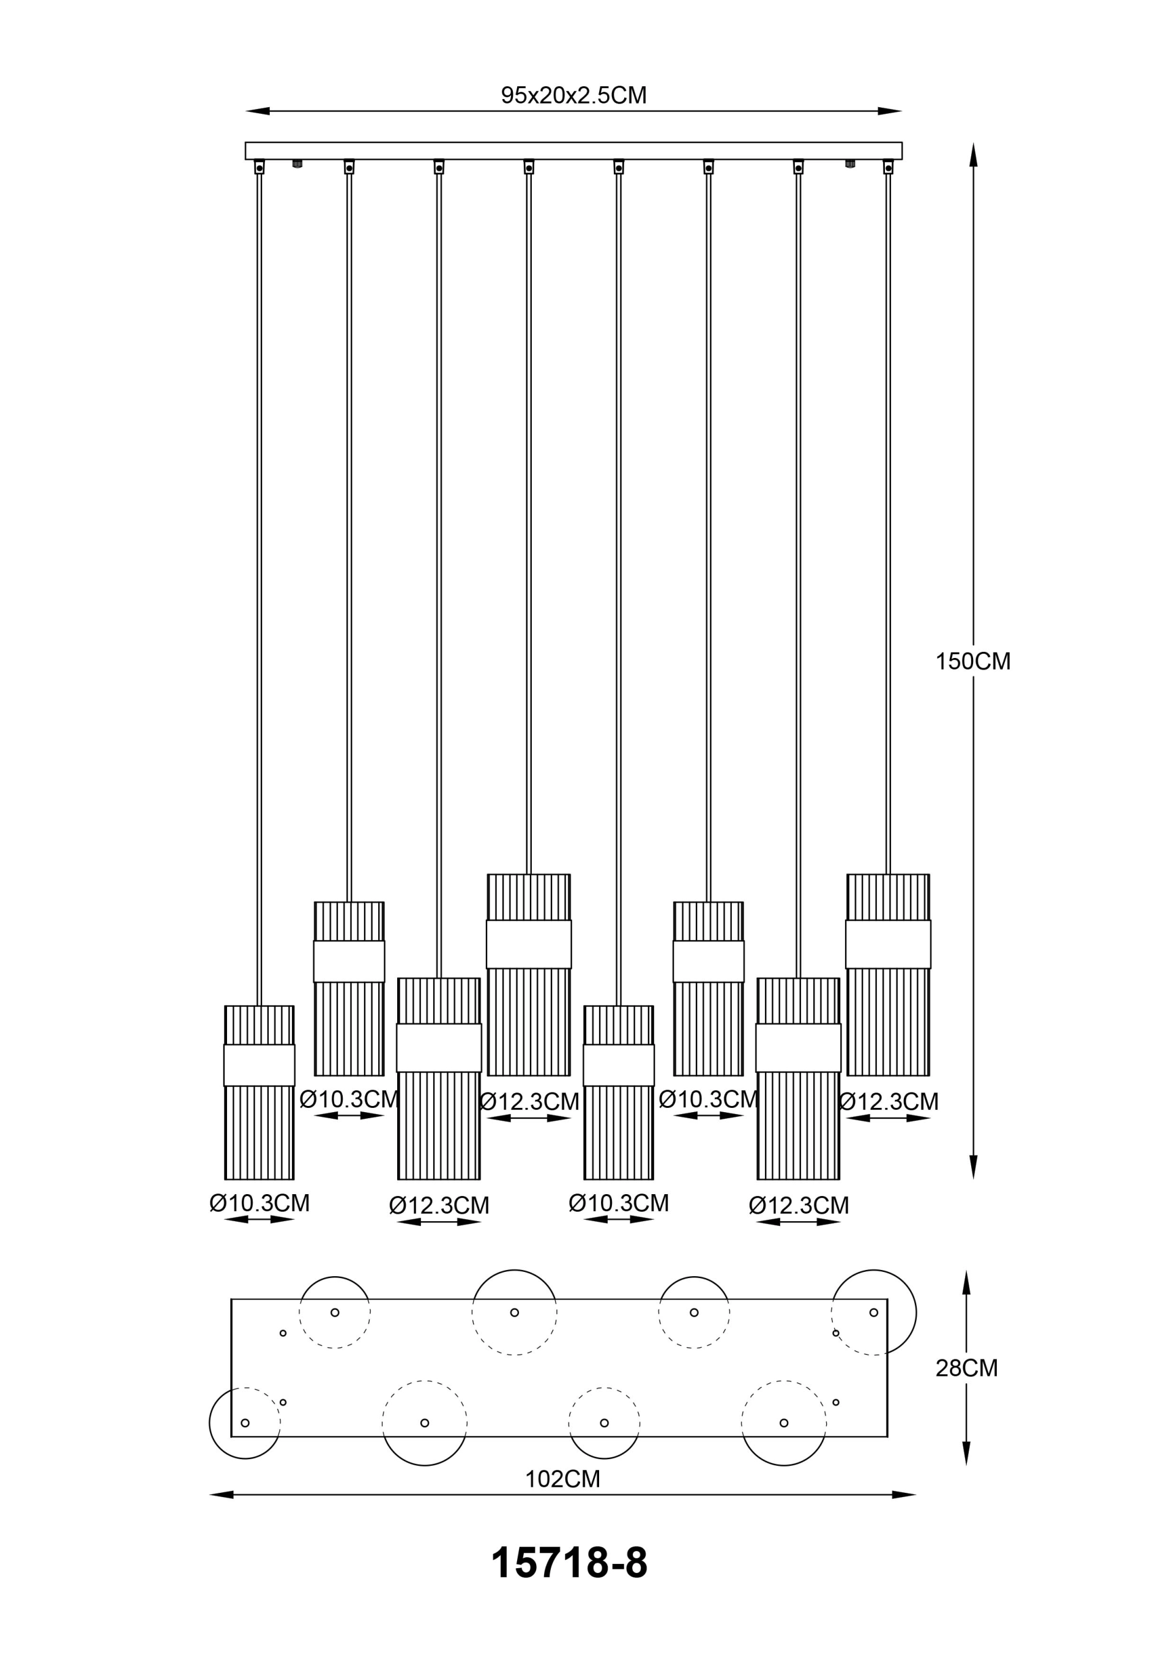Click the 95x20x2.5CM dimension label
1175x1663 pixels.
tap(574, 95)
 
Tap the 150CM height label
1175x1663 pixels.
tap(973, 661)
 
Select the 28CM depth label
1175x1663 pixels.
tap(966, 1367)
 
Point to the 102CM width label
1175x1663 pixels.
tap(563, 1478)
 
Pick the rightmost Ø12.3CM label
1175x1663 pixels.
tap(888, 1102)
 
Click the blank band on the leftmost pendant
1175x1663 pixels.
tap(259, 1065)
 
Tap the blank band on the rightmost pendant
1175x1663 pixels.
tap(888, 944)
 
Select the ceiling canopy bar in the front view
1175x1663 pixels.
tap(574, 151)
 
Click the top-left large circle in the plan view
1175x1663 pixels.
tap(514, 1312)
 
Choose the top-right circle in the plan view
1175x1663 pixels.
tap(874, 1312)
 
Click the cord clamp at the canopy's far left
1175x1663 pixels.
tap(259, 167)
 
